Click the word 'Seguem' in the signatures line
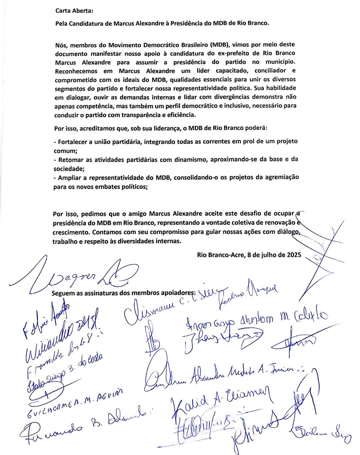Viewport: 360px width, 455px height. pyautogui.click(x=62, y=293)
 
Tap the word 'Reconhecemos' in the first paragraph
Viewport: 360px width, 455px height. pyautogui.click(x=76, y=71)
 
